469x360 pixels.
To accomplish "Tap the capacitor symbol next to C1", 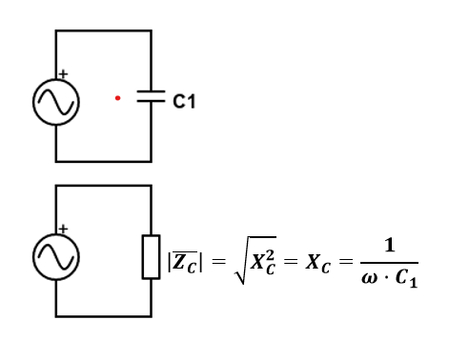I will point(151,96).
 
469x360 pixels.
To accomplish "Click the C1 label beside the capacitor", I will point(184,98).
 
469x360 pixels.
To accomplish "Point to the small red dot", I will point(117,97).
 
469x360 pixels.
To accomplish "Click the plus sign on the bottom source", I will point(63,229).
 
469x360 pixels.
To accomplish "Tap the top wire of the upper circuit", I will point(103,30).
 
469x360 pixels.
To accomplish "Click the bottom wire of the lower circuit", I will point(103,315).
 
